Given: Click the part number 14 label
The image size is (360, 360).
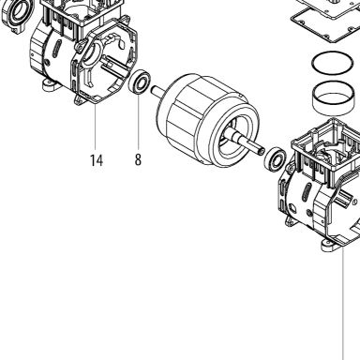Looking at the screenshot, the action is click(x=97, y=160).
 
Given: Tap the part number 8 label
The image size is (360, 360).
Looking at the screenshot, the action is click(x=138, y=159).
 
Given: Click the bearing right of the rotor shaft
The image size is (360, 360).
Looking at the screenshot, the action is click(x=276, y=158).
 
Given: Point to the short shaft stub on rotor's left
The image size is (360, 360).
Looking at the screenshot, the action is click(x=158, y=92).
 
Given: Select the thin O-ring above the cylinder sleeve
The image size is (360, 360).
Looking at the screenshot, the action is click(x=333, y=65).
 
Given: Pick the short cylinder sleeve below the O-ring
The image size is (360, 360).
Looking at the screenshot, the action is click(x=334, y=98).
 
